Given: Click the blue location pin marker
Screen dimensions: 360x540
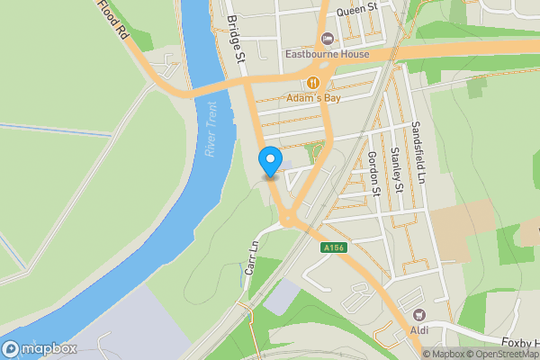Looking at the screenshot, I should point(270,162).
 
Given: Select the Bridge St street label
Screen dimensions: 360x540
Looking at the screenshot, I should point(237,38).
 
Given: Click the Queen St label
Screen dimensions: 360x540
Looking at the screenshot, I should point(355,12).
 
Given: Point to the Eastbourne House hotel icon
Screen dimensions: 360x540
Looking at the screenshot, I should point(326,38).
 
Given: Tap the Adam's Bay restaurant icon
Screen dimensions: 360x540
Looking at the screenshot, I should point(313,82).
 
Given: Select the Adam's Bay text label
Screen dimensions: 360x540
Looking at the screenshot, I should point(314,97).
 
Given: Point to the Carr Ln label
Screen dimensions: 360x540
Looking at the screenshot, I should point(251,258).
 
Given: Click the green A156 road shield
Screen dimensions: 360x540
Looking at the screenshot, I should point(333,247).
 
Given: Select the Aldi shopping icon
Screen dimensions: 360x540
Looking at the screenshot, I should point(418,315).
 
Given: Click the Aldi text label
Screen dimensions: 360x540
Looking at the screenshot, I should point(418,330).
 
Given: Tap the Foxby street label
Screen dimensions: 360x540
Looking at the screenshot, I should point(519,343).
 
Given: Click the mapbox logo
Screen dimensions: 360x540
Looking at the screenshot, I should point(38,348).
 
